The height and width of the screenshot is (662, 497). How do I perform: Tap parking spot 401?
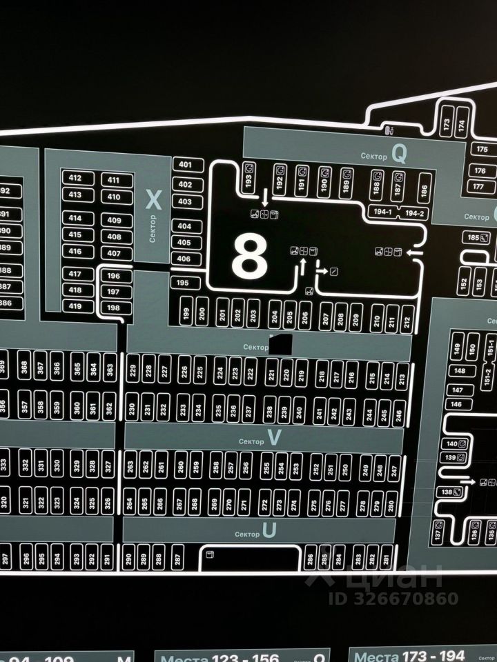[185, 164]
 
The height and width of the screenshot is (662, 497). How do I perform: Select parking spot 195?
[183, 283]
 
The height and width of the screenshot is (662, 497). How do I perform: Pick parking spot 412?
[75, 178]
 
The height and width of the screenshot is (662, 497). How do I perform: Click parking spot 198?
[114, 308]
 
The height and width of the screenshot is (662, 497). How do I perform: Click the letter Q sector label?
[399, 155]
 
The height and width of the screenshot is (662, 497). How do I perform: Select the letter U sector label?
[269, 531]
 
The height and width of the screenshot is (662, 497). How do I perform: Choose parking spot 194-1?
[382, 212]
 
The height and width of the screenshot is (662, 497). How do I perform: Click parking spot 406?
[184, 259]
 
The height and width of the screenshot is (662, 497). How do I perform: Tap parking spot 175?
[481, 150]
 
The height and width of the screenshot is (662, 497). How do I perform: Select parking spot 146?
[456, 404]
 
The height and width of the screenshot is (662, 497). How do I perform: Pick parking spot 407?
[114, 253]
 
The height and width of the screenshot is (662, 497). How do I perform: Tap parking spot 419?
[75, 306]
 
